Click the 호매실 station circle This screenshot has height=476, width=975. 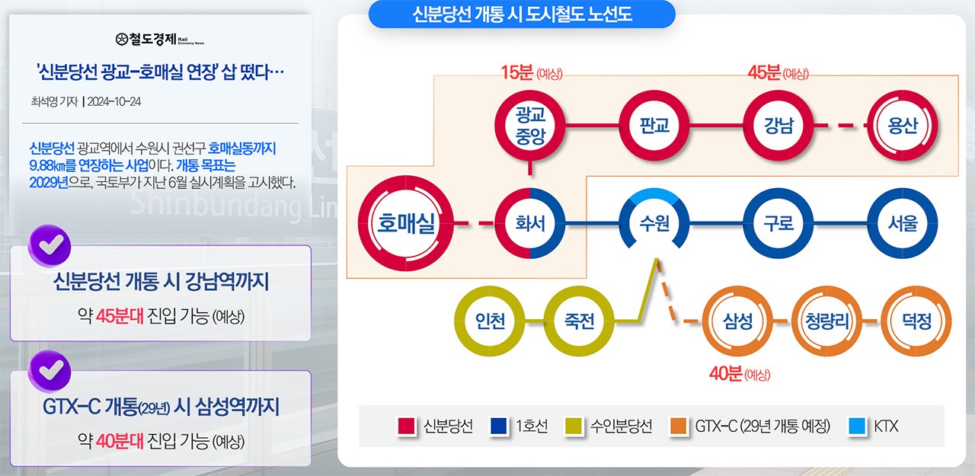point(406,223)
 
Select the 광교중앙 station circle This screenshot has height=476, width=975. point(530,125)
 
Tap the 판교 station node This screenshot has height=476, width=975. point(654,125)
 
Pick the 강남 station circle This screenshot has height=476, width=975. point(778,125)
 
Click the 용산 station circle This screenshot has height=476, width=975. point(903,125)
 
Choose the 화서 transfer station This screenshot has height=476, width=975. point(530,224)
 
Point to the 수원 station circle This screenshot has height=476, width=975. point(654,224)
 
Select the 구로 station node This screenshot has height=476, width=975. point(778,224)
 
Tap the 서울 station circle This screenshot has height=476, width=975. point(903,224)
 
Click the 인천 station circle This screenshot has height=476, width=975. point(489,322)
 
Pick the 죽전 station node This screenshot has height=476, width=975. point(579,322)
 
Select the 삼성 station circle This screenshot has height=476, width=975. point(737,322)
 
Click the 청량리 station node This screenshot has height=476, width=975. point(827,322)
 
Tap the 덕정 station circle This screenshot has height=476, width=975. point(917,322)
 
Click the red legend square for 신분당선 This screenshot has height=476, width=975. point(407,426)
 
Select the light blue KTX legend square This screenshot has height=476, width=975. point(856,426)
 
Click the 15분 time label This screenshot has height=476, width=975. point(517,73)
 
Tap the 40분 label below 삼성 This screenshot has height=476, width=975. point(725,374)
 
